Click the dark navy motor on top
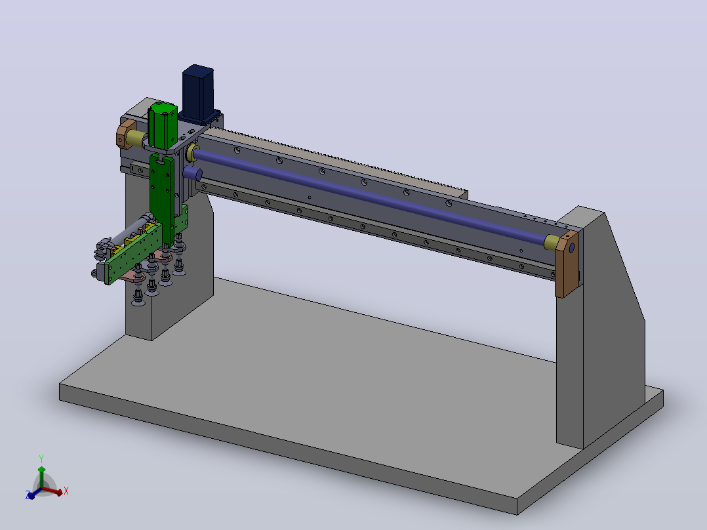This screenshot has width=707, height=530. [197, 92]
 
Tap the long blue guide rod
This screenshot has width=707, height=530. [370, 195]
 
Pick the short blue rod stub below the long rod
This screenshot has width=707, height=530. [193, 174]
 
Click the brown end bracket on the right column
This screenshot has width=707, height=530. [567, 264]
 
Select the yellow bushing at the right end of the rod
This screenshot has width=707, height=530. [552, 242]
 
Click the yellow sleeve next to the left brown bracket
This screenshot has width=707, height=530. [135, 138]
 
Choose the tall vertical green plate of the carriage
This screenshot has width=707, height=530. [161, 199]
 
